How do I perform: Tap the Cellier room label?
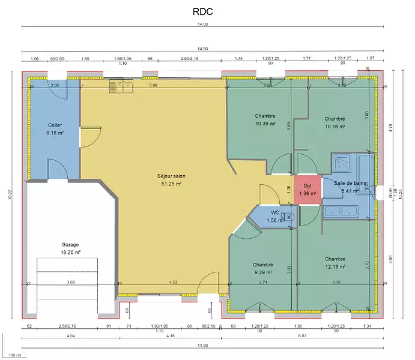pyautogui.click(x=55, y=125)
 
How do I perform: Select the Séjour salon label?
pyautogui.click(x=171, y=176)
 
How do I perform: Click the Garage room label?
pyautogui.click(x=70, y=245)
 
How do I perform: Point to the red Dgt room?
pyautogui.click(x=307, y=190)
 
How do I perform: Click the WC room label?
pyautogui.click(x=274, y=213)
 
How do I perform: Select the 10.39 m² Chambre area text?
pyautogui.click(x=265, y=124)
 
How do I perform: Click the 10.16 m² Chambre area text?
pyautogui.click(x=335, y=127)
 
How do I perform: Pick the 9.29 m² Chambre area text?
pyautogui.click(x=263, y=272)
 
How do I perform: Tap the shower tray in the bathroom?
pyautogui.click(x=343, y=163)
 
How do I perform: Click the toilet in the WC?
pyautogui.click(x=290, y=217)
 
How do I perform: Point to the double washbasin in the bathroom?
pyautogui.click(x=341, y=211)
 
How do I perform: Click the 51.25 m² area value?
pyautogui.click(x=171, y=184)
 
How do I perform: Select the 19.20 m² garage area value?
pyautogui.click(x=70, y=253)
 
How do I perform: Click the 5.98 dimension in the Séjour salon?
pyautogui.click(x=153, y=86)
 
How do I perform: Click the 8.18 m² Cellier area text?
pyautogui.click(x=55, y=133)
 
